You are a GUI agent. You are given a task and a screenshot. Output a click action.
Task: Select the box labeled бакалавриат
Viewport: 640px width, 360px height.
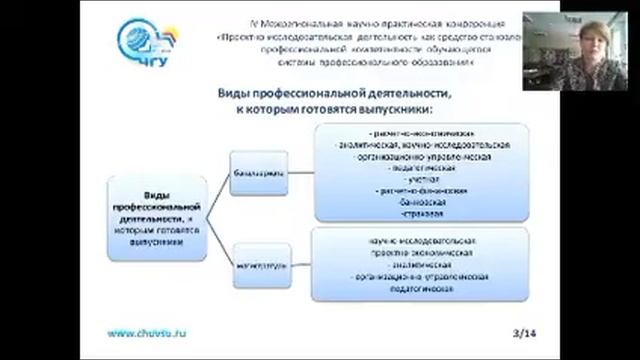[262, 172]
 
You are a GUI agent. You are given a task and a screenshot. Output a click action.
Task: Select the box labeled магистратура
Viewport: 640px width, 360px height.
[262, 266]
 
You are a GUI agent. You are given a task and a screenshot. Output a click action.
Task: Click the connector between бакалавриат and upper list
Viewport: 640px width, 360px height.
[302, 172]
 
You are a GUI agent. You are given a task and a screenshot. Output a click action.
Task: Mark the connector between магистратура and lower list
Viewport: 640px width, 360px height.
[302, 266]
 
